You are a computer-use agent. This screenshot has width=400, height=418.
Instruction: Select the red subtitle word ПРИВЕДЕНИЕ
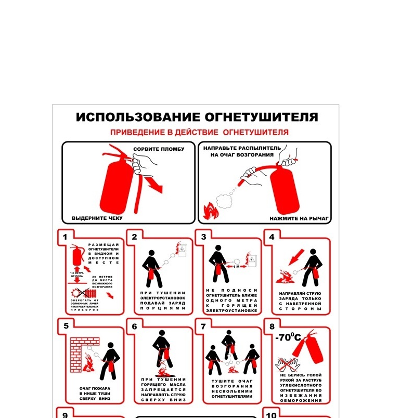[137, 133]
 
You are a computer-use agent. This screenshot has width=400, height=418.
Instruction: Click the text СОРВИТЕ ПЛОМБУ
[159, 150]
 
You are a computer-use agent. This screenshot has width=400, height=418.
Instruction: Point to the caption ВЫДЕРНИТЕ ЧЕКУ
[97, 218]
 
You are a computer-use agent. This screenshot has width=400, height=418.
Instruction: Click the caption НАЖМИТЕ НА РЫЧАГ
[299, 218]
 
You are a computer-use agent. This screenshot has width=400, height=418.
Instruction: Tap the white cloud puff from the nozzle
[225, 199]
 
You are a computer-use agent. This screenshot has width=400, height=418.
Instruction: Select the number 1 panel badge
[65, 237]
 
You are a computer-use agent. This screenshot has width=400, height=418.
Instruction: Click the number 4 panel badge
[272, 237]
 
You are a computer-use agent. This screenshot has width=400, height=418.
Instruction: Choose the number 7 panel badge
[203, 326]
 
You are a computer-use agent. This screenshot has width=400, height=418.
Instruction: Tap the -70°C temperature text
[288, 337]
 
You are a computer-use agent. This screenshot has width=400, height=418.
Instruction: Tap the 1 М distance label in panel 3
[236, 266]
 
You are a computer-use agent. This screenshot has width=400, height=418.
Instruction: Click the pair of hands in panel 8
[286, 362]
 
